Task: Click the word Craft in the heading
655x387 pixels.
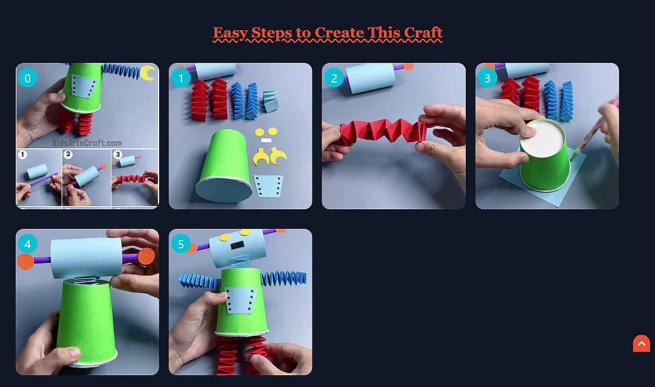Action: pos(421,33)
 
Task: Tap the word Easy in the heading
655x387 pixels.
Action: pos(230,33)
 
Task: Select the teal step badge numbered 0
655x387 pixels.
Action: pos(28,78)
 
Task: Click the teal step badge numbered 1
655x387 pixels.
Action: pos(181,78)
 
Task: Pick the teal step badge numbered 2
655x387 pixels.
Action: pos(334,78)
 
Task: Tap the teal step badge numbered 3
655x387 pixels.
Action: pos(487,78)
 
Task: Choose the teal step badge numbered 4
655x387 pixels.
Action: pos(28,244)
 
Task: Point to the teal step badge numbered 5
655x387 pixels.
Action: pos(181,244)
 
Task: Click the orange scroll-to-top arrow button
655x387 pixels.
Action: pos(642,344)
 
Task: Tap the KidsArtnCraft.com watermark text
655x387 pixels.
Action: pos(87,143)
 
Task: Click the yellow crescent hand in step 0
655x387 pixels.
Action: pos(147,73)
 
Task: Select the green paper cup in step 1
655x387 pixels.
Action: pos(225,166)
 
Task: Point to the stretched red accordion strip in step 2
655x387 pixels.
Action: pos(383,131)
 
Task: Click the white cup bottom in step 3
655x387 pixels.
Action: pos(542,138)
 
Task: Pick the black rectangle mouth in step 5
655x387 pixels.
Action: pos(237,245)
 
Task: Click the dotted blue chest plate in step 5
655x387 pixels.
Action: pos(240,300)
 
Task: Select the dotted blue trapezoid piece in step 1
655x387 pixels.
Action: pos(268,186)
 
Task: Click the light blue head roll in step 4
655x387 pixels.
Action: pos(87,258)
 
